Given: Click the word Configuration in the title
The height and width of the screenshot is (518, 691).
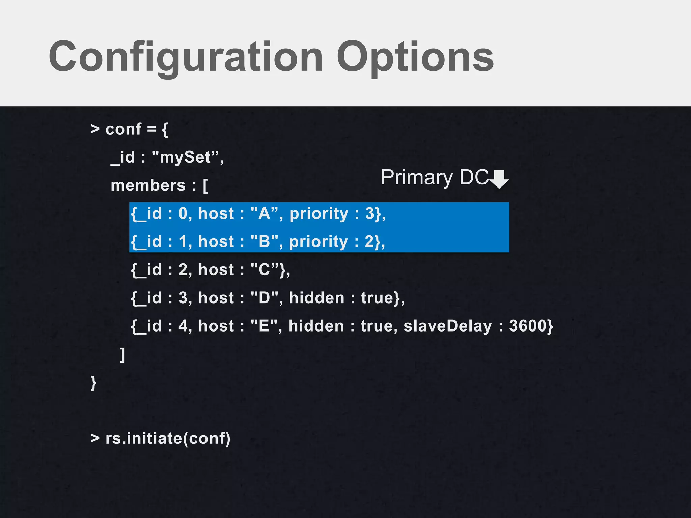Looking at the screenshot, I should tap(186, 57).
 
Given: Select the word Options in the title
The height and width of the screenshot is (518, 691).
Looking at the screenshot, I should tap(415, 57).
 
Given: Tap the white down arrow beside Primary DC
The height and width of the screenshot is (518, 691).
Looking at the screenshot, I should tap(499, 179).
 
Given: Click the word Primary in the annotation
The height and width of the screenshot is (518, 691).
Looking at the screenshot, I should tap(417, 178).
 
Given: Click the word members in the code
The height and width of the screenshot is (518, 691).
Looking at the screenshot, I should tap(148, 185).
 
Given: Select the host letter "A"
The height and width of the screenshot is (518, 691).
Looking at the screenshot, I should tap(264, 213).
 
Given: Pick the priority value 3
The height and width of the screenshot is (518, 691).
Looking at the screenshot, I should tap(370, 213).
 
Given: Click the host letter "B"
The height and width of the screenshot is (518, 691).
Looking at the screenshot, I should tap(264, 241).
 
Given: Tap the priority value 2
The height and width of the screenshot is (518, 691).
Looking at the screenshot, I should tap(369, 241).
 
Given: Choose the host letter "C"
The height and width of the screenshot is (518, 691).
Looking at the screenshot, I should tap(264, 270).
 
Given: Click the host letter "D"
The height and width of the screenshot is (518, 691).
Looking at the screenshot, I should tap(264, 298).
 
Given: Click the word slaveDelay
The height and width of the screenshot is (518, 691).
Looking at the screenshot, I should tap(448, 326).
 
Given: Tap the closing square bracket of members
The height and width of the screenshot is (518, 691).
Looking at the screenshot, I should tap(122, 355).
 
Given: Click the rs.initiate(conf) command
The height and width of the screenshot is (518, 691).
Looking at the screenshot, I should tap(168, 438).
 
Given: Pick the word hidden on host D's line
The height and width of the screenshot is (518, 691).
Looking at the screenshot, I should tap(316, 298).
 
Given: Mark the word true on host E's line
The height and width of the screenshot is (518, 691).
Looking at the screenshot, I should tap(376, 326).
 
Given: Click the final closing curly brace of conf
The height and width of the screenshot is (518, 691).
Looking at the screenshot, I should tap(93, 383).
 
